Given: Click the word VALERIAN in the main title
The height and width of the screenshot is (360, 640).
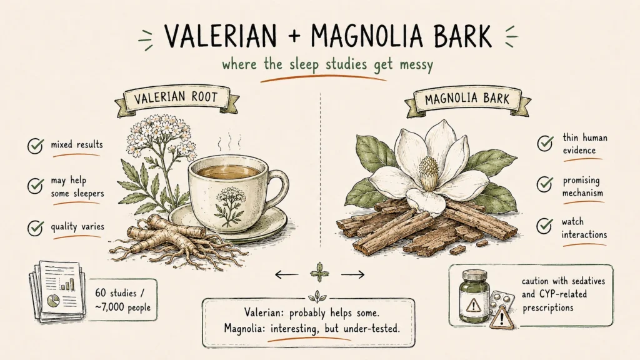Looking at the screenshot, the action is [x=221, y=36].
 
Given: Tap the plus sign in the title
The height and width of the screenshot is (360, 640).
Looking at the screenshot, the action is [x=294, y=36].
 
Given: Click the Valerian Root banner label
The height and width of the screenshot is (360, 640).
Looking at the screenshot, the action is [x=176, y=98].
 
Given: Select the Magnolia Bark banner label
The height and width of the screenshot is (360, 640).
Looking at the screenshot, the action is [x=467, y=99].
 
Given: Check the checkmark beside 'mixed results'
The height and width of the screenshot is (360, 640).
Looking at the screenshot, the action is [x=36, y=145].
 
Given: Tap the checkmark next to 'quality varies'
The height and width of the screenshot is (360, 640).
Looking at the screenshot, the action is [x=36, y=227].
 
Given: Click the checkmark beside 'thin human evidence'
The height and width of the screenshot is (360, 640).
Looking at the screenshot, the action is [x=545, y=143].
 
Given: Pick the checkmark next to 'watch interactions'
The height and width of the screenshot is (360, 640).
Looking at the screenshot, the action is [x=545, y=226].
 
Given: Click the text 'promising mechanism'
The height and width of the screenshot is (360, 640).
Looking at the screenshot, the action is [x=582, y=186].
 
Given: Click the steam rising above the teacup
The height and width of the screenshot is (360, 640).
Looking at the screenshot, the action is [x=225, y=141].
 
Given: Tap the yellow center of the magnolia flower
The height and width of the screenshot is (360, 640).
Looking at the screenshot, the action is [x=429, y=171].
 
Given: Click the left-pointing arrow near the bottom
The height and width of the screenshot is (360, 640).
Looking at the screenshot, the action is [x=286, y=275].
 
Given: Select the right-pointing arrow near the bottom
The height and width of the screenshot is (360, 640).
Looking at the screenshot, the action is [x=352, y=275].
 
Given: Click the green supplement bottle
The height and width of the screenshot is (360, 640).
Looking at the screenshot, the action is [x=475, y=295].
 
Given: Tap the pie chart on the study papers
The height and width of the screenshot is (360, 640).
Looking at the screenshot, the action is [x=54, y=301].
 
